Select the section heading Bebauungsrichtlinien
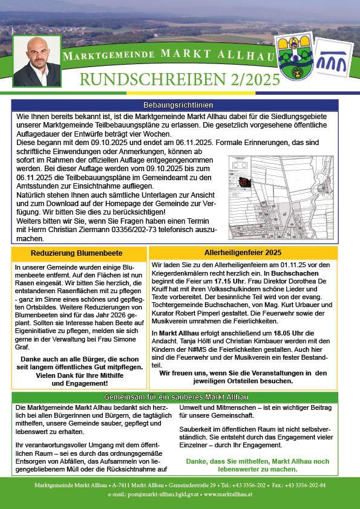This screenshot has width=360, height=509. pyautogui.click(x=180, y=105)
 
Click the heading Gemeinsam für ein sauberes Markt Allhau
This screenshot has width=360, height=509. pyautogui.click(x=180, y=397)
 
